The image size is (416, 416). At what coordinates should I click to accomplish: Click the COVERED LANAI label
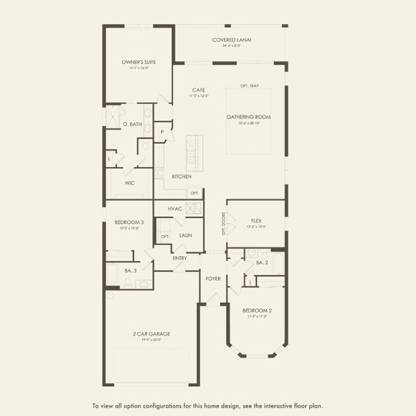click(x=232, y=40)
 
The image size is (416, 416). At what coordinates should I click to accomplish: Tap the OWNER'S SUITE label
click(x=139, y=62)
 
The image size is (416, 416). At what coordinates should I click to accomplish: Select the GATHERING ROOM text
click(x=248, y=116)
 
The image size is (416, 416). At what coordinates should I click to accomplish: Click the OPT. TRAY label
click(x=250, y=86)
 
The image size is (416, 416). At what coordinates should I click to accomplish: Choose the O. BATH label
click(x=132, y=124)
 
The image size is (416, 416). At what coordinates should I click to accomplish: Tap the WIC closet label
click(x=130, y=184)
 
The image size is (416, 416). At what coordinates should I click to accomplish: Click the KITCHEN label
click(x=182, y=177)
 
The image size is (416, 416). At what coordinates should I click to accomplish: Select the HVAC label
click(x=175, y=208)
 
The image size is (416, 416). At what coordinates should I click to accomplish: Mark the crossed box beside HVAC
click(x=194, y=208)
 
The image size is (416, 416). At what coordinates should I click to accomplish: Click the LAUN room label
click(x=185, y=235)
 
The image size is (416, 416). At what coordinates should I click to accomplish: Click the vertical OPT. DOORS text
click(x=224, y=223)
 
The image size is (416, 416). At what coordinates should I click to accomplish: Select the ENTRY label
click(x=180, y=258)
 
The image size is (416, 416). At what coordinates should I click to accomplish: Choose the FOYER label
click(x=213, y=278)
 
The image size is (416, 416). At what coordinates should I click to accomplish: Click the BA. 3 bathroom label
click(x=129, y=270)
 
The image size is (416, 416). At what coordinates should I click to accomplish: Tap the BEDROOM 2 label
click(x=256, y=310)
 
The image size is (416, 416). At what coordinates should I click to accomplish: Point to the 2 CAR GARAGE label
click(x=151, y=333)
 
